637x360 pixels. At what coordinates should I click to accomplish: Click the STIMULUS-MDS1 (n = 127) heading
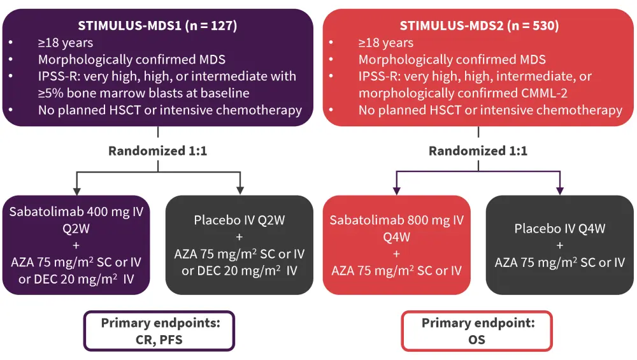157,26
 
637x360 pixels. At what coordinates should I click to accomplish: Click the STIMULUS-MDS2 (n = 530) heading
478,26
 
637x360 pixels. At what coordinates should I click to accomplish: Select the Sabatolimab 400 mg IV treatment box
76,245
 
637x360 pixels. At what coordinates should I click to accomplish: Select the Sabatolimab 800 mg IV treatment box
396,245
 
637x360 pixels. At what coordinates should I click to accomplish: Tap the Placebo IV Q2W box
240,245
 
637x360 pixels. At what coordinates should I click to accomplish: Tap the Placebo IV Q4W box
560,245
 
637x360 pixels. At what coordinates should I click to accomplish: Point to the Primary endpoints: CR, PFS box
160,331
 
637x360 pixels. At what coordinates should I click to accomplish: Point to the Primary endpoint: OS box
477,331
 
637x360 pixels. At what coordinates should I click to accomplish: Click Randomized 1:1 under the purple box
157,152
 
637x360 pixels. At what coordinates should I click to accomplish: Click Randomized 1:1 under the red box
478,152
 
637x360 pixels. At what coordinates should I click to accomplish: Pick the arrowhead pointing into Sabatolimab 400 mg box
76,190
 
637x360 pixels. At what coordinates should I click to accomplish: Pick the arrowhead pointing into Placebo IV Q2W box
240,190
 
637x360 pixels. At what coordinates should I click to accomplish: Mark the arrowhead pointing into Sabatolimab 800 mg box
396,190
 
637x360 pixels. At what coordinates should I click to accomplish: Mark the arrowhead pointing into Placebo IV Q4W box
560,190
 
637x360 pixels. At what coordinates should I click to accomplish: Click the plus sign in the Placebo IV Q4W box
560,245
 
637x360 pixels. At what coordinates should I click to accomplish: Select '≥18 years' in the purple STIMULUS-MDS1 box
66,43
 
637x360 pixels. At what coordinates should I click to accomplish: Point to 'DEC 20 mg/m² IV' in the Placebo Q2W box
240,270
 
